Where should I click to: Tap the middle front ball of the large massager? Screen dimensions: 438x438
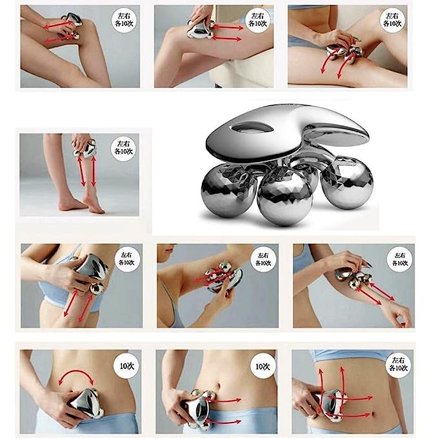(x=281, y=200)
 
